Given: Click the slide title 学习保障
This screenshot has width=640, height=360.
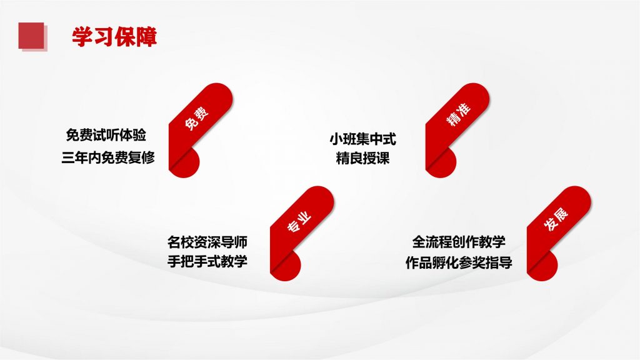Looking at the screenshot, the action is coord(114,37).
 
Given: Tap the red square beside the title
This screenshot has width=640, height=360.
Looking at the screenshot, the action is coord(31,36).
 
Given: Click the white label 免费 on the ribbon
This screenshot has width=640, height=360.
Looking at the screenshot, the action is coord(197,118).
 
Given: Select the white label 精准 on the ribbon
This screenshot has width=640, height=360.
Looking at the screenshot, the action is coord(458,114).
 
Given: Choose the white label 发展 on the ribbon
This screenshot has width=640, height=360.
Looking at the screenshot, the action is coord(556,219).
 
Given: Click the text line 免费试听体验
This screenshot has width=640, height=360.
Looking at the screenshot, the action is coord(106,135).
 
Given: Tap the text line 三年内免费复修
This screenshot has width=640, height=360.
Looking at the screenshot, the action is coord(108,157).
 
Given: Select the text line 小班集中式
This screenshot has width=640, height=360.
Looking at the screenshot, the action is coord(363,139).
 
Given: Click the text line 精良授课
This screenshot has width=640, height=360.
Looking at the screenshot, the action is coord(363,158).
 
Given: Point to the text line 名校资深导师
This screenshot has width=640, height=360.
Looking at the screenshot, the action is coord(207,242).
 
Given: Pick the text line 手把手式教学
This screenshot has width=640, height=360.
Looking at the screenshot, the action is coord(207,261).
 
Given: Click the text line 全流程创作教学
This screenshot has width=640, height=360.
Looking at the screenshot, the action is coord(459,242).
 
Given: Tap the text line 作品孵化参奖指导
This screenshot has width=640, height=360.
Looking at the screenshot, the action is coord(459,262).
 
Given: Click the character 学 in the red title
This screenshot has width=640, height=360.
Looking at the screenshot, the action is coord(82,37).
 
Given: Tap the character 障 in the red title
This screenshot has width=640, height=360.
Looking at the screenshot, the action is coord(146,37).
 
